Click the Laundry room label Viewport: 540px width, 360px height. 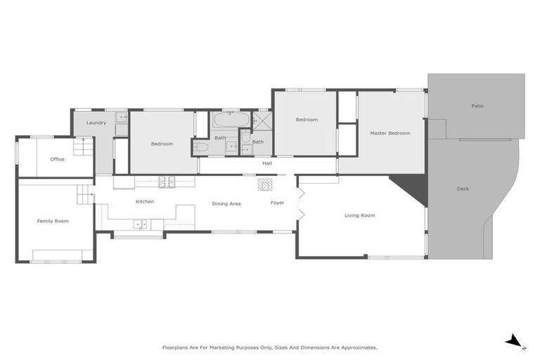[96, 123]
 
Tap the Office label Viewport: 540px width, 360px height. [57, 159]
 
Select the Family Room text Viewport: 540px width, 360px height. [53, 221]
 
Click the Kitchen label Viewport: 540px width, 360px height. [145, 202]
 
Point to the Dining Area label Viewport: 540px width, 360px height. [226, 203]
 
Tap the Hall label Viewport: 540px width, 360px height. [267, 163]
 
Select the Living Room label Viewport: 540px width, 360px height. [359, 215]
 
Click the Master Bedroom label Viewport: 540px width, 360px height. [390, 133]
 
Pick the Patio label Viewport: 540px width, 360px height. [477, 106]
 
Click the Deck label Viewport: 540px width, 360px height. [463, 188]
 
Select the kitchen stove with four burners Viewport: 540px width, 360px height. [167, 182]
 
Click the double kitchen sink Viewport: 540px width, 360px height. [141, 225]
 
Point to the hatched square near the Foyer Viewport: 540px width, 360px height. [264, 184]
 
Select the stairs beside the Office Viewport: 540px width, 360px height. [85, 148]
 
